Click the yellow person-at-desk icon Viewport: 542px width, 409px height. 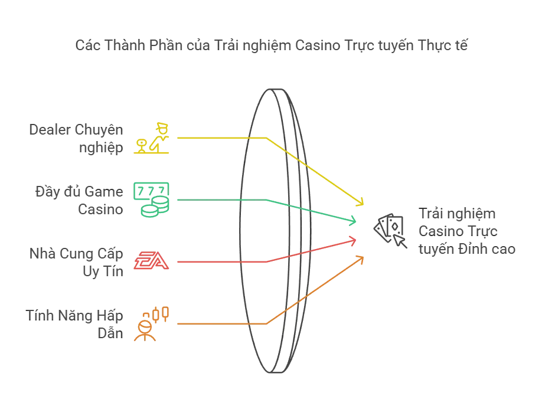(x=152, y=138)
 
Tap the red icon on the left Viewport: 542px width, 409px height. (x=152, y=261)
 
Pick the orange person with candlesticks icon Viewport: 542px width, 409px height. (x=152, y=323)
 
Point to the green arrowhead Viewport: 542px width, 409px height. (x=354, y=221)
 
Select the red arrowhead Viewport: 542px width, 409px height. (x=354, y=239)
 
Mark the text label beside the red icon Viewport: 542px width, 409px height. (x=77, y=261)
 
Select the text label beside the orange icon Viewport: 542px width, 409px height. (x=73, y=323)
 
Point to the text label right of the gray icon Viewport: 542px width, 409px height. (x=467, y=231)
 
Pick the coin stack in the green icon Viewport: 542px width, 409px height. (x=155, y=209)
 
